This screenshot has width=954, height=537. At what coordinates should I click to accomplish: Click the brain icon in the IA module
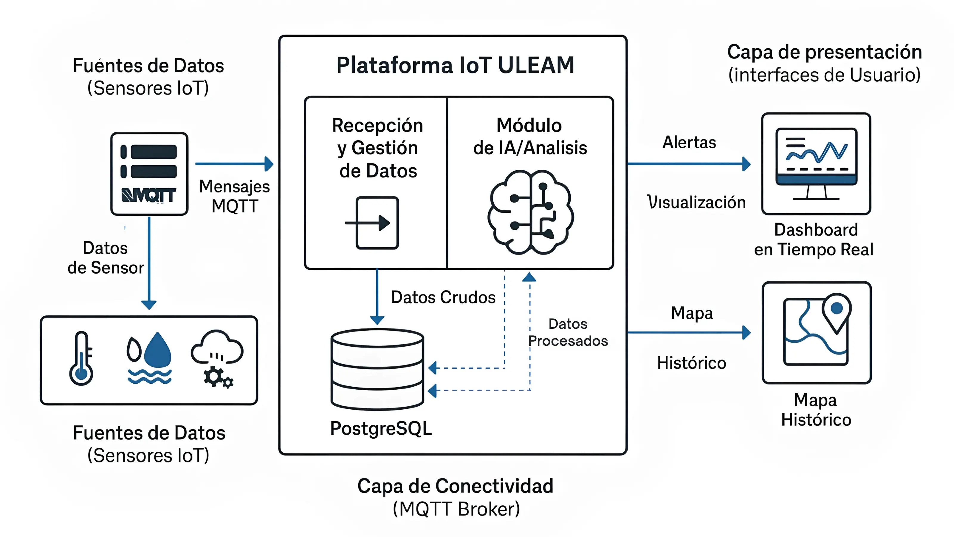pos(530,212)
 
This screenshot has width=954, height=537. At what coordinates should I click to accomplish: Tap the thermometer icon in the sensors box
pos(81,359)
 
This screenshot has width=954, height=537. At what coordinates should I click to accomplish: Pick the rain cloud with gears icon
pos(218,358)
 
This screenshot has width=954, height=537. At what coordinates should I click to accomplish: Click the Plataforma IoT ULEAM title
pos(455,66)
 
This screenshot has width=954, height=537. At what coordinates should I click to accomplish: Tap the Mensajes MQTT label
pos(234,196)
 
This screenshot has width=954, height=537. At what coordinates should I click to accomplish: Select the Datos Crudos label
pos(443,297)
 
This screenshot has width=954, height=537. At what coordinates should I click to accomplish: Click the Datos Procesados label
pos(567,332)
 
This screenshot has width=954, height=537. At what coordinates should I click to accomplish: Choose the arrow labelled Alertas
pos(689,164)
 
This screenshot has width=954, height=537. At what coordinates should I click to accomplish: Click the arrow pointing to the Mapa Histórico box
pos(689,332)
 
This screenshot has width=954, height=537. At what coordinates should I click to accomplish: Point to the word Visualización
pos(696,202)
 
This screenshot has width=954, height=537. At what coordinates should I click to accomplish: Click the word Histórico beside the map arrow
pos(691,363)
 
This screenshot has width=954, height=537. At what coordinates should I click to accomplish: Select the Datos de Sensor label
pos(106,258)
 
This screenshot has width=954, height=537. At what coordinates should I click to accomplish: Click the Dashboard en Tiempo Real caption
pos(815,239)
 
